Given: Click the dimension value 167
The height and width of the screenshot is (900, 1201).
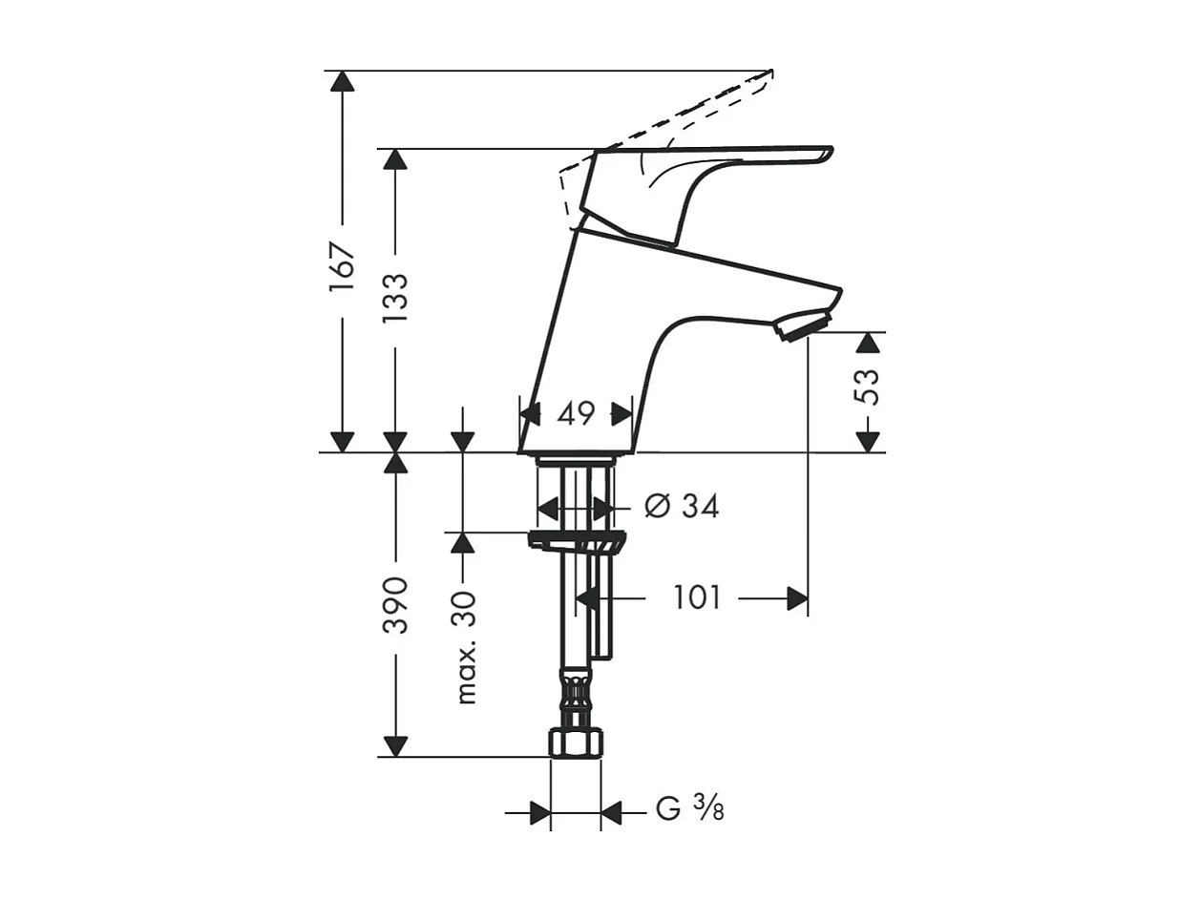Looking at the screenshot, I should coord(342,266).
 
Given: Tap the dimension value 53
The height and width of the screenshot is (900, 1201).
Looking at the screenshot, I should coord(868,387).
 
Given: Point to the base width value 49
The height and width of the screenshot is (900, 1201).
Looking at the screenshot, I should coord(576,414).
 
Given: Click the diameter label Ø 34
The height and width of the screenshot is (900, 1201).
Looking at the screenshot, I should coord(681,506).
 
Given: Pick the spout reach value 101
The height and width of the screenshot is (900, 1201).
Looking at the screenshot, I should coord(697,598).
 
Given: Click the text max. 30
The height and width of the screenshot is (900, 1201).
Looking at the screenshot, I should coord(465,647).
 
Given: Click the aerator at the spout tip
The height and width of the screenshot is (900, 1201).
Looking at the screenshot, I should coord(808,324).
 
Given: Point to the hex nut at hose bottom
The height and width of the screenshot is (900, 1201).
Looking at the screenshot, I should coord(576,743).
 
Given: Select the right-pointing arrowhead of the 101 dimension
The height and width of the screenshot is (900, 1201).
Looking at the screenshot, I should coord(797,598).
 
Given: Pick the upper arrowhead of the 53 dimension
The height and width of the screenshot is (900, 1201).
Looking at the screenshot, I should coord(868,343).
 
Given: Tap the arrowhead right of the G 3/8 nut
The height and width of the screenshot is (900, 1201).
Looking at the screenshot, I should coord(611,813).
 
